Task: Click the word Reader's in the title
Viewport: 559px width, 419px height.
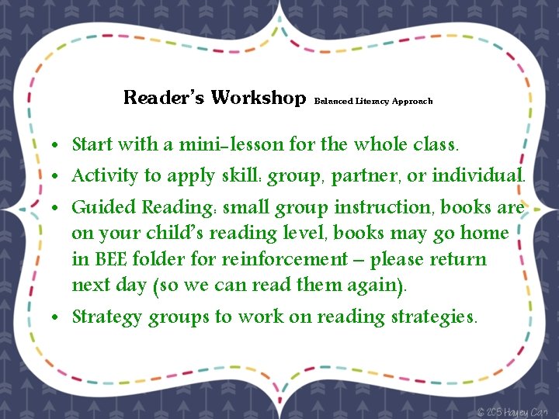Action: pos(164,99)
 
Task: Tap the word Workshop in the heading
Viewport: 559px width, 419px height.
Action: pos(259,99)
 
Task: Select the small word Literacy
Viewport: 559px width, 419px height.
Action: pos(373,102)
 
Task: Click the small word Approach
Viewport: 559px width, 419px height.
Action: pos(412,102)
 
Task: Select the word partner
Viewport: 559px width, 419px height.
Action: pos(364,176)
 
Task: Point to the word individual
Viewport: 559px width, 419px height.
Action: pos(479,175)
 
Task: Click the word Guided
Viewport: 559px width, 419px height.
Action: pos(104,208)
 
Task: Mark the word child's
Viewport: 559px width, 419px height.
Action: pos(164,234)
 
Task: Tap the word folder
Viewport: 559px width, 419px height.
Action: pos(161,259)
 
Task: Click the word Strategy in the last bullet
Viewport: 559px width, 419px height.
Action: pos(107,317)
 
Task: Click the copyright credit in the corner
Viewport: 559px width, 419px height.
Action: pos(515,410)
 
